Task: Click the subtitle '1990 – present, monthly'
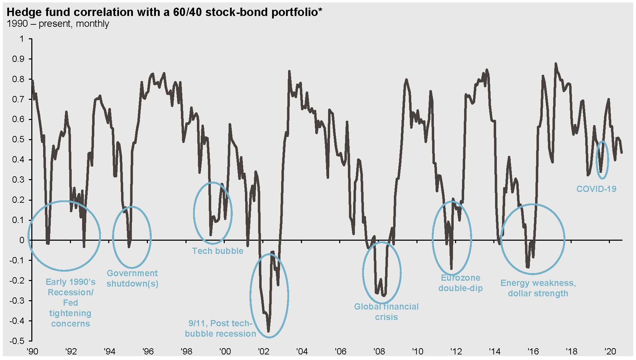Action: point(58,24)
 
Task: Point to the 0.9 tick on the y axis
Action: point(19,59)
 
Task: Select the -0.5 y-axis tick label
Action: point(18,341)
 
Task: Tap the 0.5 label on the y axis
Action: point(19,139)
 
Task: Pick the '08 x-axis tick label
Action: point(379,351)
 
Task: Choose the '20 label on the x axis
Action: point(610,351)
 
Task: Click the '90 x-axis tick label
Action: point(32,351)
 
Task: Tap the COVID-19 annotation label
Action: point(596,189)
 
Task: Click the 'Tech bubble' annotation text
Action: point(218,251)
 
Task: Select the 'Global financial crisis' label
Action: point(386,312)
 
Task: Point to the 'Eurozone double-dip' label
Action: point(460,283)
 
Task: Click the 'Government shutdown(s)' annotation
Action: point(132,278)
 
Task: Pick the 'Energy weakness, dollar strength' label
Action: point(538,288)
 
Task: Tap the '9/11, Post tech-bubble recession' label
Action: point(220,328)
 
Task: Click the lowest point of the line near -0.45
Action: point(269,331)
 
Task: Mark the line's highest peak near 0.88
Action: point(555,64)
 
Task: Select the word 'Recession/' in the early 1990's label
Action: point(71,292)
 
